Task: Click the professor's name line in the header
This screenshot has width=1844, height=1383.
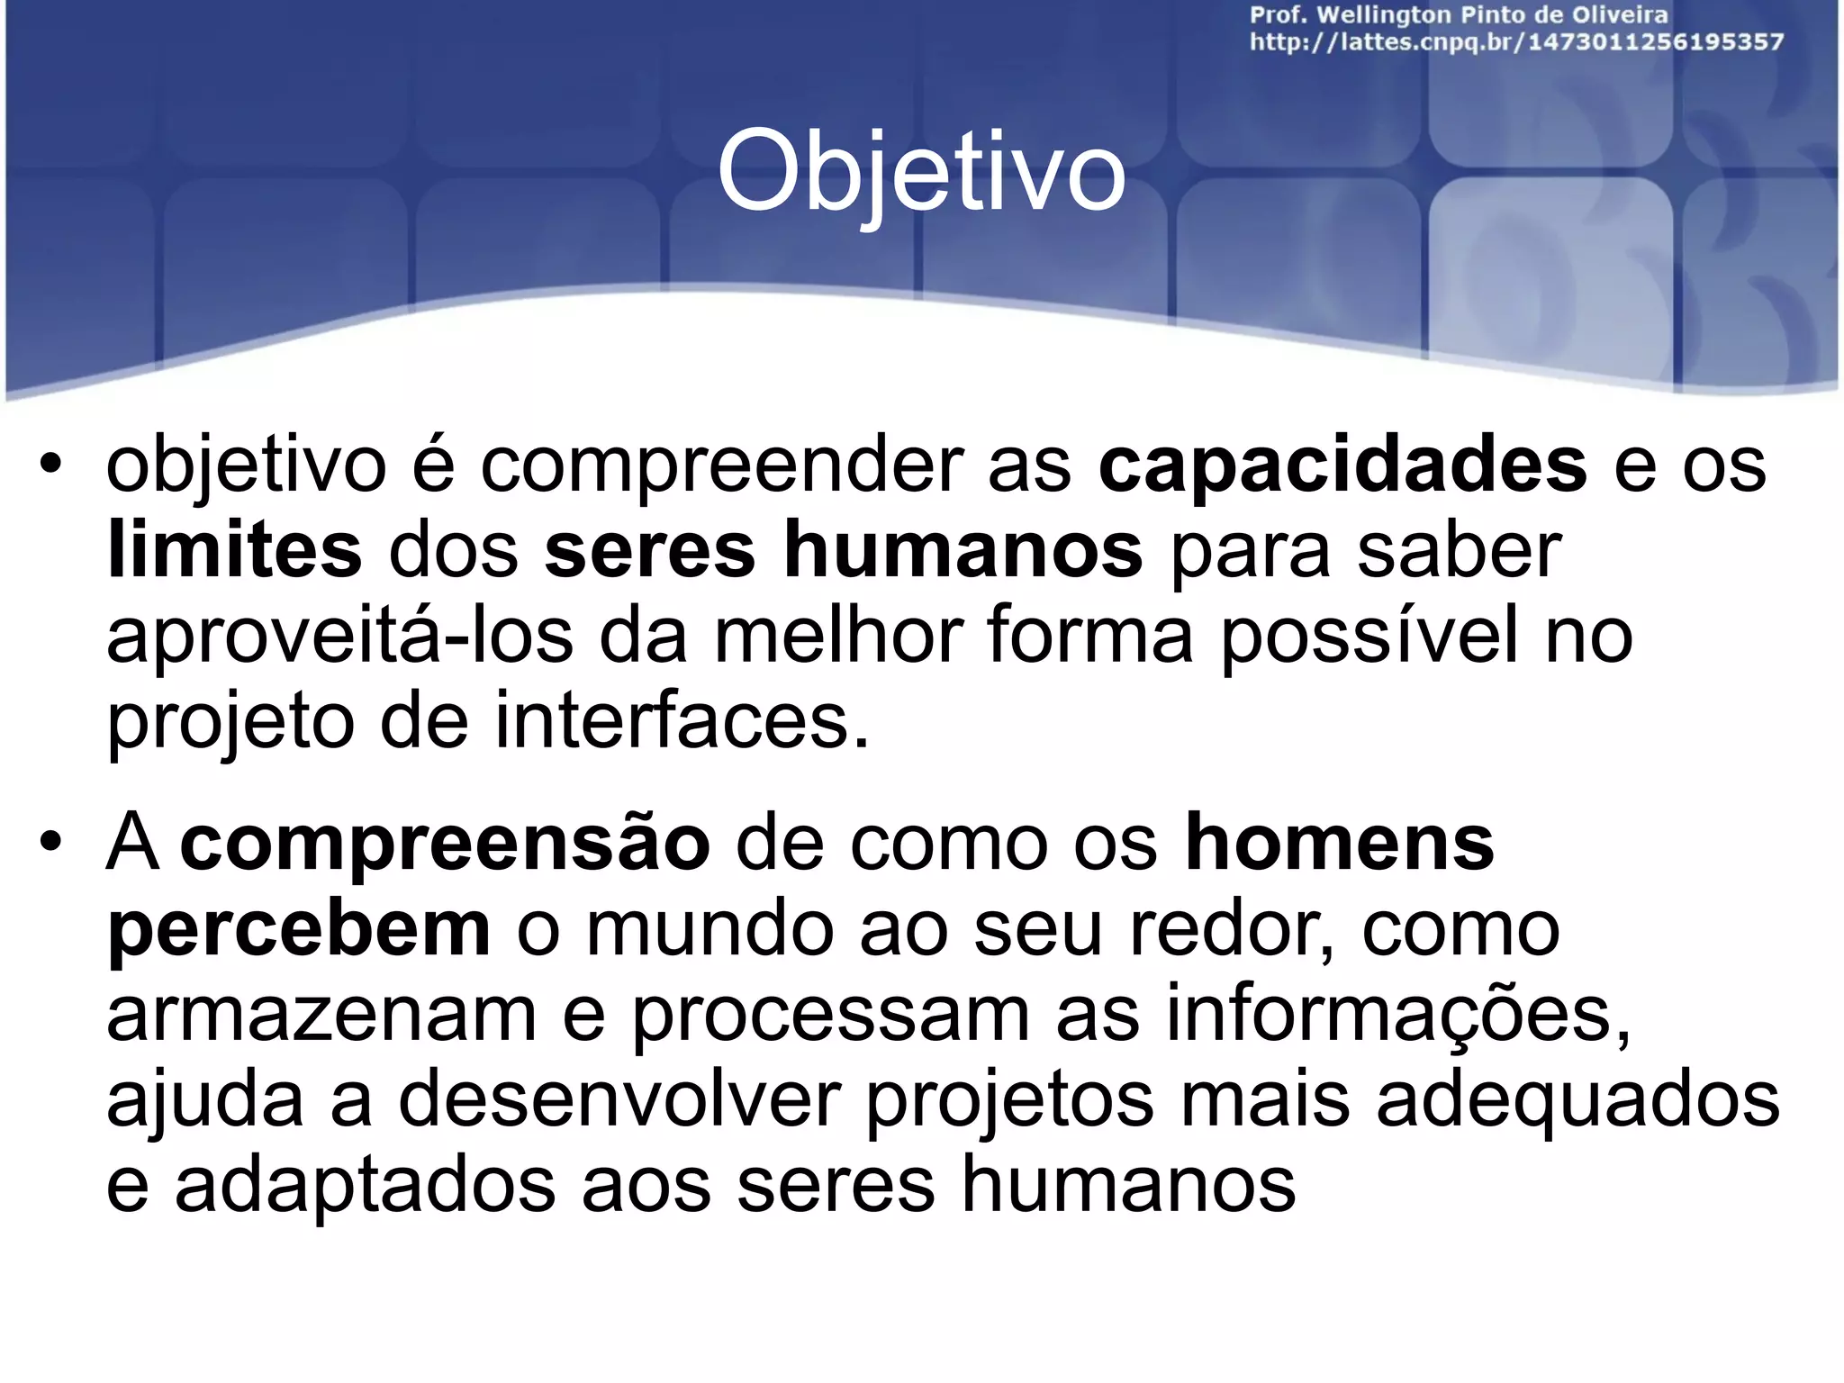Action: coord(1459,15)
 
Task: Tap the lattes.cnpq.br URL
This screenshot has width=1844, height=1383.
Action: coord(1516,42)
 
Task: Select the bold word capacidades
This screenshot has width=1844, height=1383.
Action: coord(1342,465)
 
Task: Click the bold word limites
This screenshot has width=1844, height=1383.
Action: coord(234,550)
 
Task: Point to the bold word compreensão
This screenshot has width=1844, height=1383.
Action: coord(446,844)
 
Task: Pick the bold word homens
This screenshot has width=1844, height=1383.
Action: coord(1340,844)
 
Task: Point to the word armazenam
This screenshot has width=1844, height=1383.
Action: coord(321,1015)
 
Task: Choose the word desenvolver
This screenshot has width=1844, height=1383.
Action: coord(619,1099)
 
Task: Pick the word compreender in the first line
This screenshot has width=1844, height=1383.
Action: coord(721,466)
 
